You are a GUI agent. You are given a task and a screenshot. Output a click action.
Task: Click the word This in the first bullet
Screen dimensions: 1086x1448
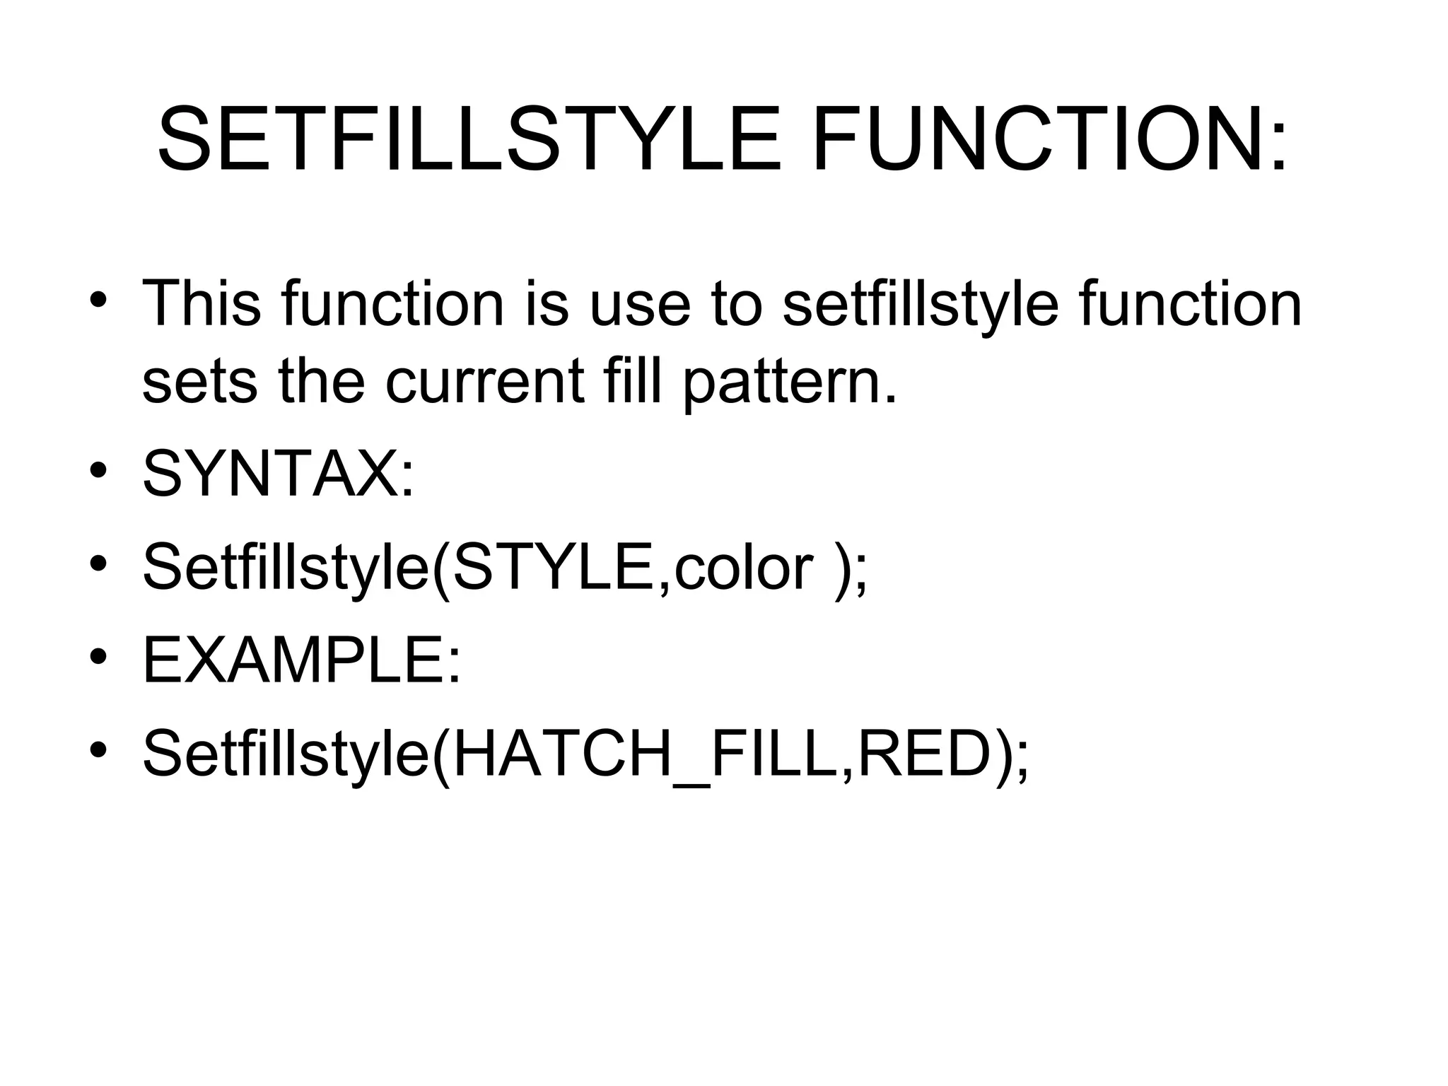tap(202, 304)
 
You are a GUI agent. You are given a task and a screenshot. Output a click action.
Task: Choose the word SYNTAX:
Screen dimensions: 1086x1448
tap(279, 475)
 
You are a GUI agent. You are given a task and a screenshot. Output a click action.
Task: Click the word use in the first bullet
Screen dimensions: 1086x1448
tap(639, 305)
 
